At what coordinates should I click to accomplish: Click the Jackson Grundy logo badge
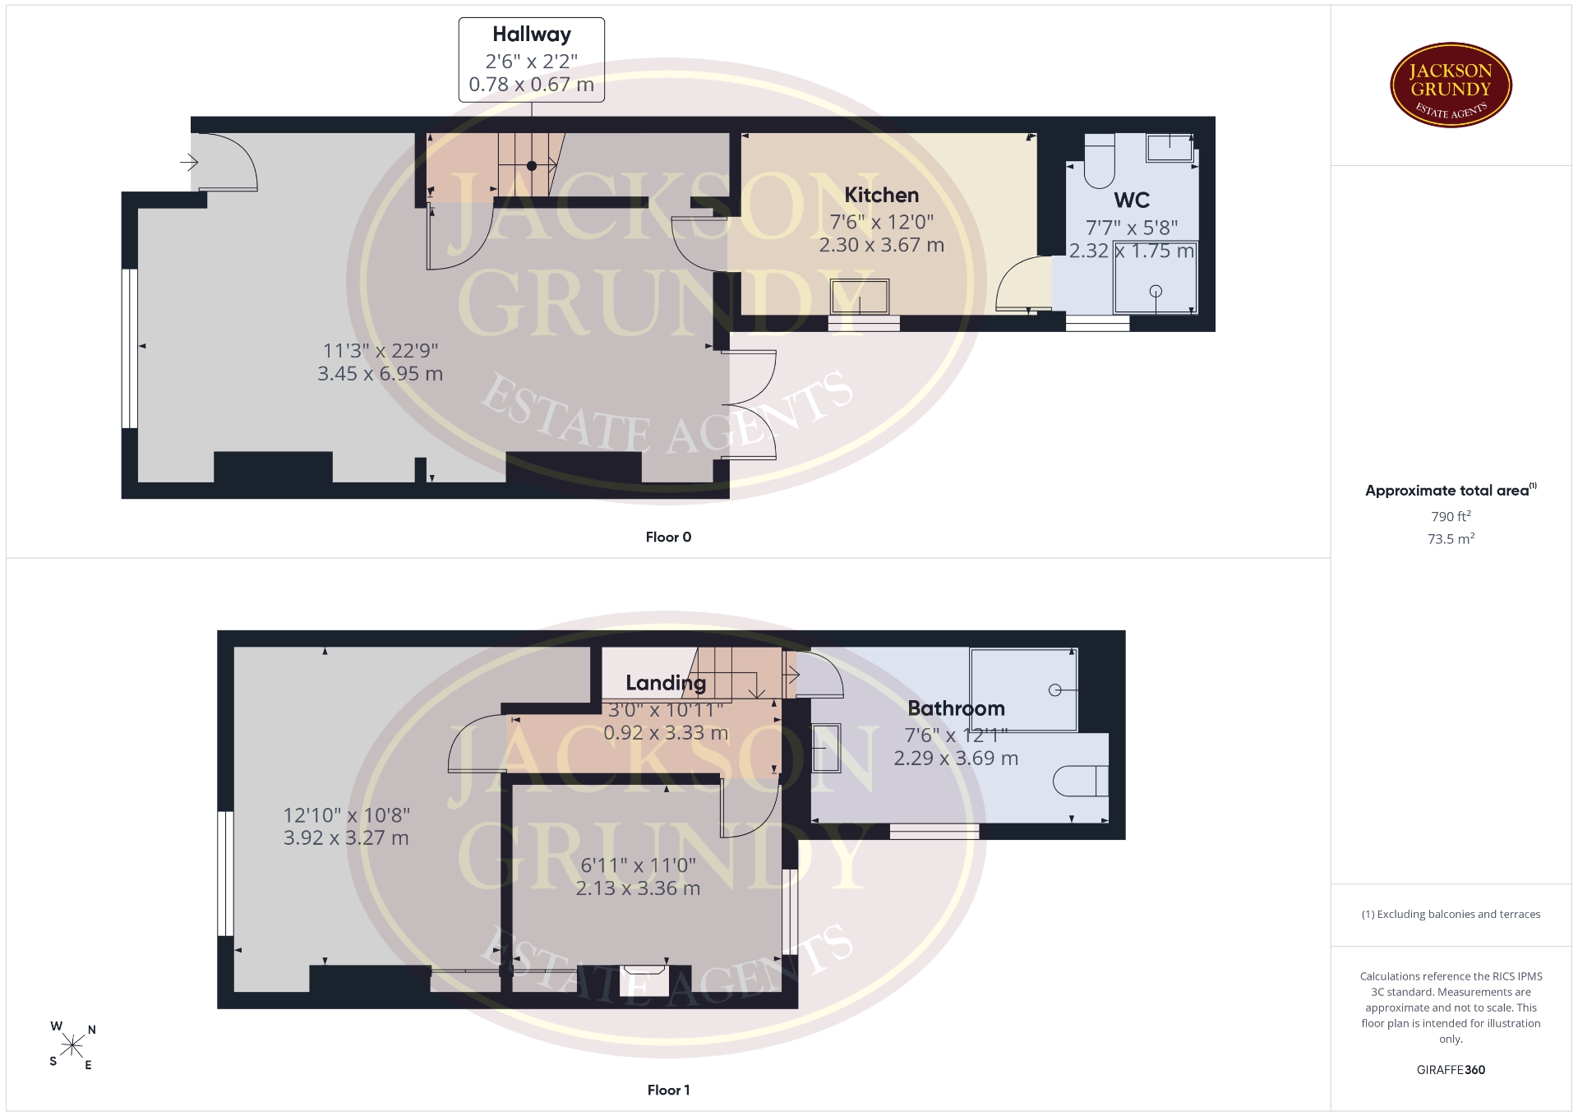pyautogui.click(x=1451, y=85)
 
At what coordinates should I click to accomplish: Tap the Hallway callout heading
pyautogui.click(x=532, y=35)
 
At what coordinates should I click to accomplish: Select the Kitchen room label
pyautogui.click(x=882, y=195)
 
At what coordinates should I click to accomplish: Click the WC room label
pyautogui.click(x=1132, y=200)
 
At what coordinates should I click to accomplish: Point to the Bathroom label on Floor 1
pyautogui.click(x=956, y=708)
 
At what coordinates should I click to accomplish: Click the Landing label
pyautogui.click(x=666, y=683)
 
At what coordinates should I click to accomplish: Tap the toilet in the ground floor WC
pyautogui.click(x=1100, y=161)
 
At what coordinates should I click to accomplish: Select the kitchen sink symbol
pyautogui.click(x=860, y=297)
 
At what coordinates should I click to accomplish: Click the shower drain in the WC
pyautogui.click(x=1156, y=290)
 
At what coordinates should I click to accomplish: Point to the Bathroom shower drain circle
pyautogui.click(x=1055, y=690)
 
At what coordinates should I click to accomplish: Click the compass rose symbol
pyautogui.click(x=72, y=1045)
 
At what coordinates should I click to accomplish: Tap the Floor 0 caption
pyautogui.click(x=668, y=537)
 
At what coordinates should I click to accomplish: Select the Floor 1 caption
pyautogui.click(x=668, y=1090)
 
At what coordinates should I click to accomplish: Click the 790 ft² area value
pyautogui.click(x=1451, y=516)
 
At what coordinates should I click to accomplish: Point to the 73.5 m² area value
pyautogui.click(x=1451, y=539)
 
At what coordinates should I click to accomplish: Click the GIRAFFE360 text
pyautogui.click(x=1451, y=1069)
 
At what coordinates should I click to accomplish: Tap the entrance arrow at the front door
pyautogui.click(x=189, y=163)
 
